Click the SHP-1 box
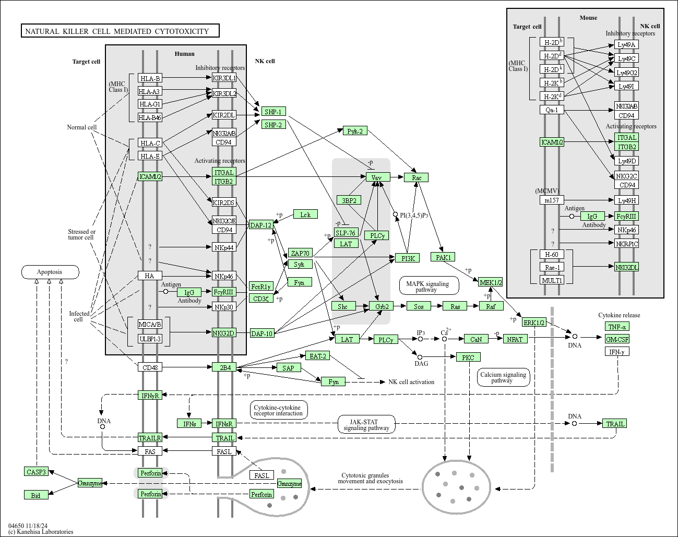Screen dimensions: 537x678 (273, 112)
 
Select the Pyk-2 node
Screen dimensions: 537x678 (355, 131)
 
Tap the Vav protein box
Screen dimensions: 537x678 (377, 177)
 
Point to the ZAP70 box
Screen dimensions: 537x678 (300, 254)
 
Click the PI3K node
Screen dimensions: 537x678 (408, 258)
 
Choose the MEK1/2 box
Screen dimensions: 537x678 (491, 282)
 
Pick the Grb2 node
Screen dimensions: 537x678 (382, 306)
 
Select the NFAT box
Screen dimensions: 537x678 (515, 339)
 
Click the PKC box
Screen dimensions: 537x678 (468, 357)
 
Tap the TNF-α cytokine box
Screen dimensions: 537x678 (617, 327)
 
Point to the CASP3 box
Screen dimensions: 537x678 (36, 472)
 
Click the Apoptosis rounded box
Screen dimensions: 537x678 (50, 272)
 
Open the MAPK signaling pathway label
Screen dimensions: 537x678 (429, 286)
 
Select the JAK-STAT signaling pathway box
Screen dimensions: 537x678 (366, 425)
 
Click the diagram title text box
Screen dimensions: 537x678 (120, 31)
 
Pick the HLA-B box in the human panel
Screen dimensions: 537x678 (150, 78)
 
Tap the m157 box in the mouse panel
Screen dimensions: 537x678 (552, 200)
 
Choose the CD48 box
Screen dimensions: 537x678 (150, 367)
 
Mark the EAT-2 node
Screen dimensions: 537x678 (318, 356)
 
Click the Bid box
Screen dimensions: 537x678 (36, 495)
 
